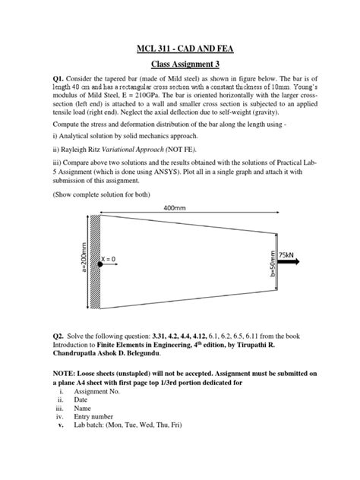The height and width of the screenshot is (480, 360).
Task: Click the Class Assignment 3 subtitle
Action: [180, 66]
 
